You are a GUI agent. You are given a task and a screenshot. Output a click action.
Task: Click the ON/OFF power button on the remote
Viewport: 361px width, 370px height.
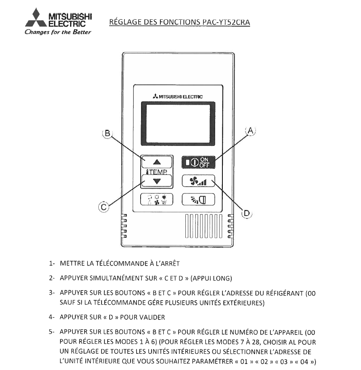coord(198,162)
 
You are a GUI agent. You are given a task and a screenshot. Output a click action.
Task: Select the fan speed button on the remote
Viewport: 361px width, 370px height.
coord(198,181)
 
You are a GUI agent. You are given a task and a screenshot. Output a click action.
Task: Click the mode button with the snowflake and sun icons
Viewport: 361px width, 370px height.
coord(157,199)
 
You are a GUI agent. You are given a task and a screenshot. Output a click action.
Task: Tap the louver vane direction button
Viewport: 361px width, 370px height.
coord(198,199)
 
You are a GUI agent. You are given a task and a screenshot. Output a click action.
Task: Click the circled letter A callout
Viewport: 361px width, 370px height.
coord(251,131)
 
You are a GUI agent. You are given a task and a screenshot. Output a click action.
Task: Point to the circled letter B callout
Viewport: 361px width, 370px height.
coord(107,134)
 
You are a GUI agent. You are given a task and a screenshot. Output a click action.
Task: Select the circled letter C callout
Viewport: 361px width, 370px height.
coord(104,207)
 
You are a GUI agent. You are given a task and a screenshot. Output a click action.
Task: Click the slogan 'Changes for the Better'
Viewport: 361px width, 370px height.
coord(58,32)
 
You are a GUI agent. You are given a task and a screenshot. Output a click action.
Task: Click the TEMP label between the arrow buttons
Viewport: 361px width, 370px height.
coord(157,172)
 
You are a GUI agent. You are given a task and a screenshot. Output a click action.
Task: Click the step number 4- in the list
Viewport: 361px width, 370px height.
coord(52,317)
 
